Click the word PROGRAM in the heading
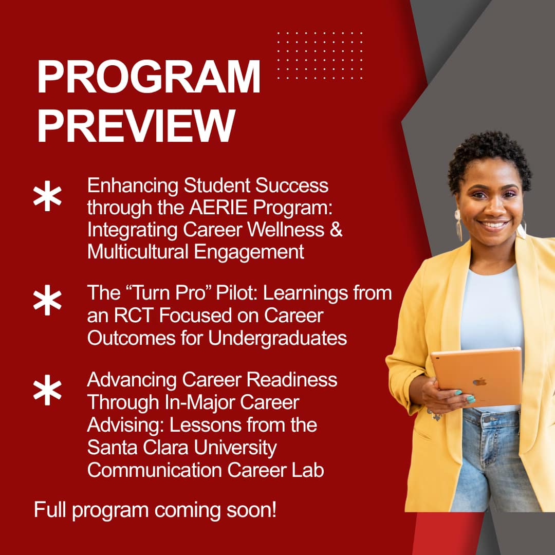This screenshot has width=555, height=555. point(149,77)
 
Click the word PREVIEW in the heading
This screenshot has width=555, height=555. point(136,126)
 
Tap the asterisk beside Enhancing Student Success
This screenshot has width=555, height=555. point(47,196)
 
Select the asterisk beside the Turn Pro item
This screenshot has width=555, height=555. point(47,300)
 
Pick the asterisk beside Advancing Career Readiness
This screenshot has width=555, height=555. point(47,390)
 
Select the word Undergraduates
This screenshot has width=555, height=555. point(277,339)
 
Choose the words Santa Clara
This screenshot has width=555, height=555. point(138,448)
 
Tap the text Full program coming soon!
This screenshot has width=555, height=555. point(155,510)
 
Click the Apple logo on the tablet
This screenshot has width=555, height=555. point(479,382)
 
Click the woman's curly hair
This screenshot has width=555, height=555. point(490,156)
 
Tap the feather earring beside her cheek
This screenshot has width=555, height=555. point(458,225)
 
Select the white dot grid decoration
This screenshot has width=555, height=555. point(320,55)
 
